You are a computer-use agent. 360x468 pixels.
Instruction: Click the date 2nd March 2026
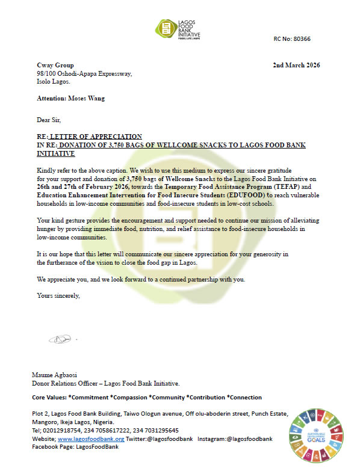296,65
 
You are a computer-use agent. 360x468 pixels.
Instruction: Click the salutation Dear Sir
49,120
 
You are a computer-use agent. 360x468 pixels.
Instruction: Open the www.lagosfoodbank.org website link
91,439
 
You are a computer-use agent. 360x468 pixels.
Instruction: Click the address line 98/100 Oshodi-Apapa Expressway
84,74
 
